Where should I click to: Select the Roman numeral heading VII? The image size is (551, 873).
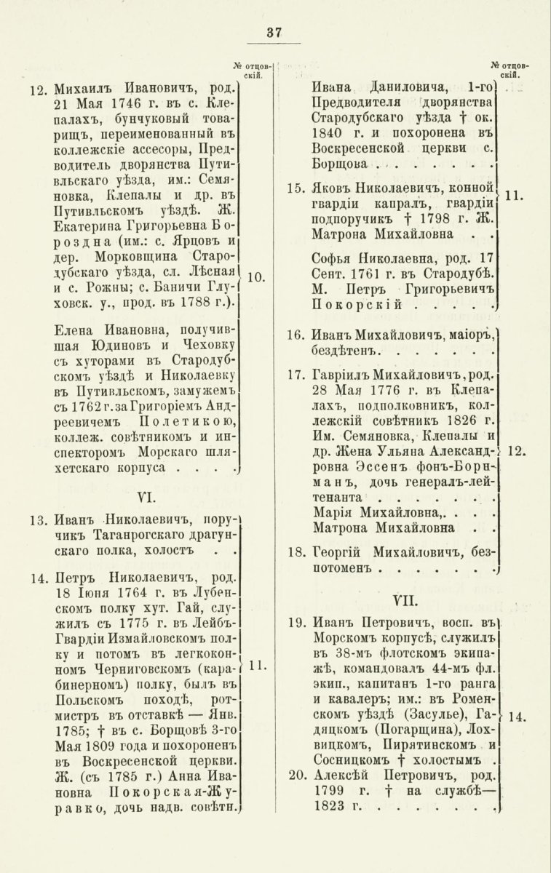(403, 601)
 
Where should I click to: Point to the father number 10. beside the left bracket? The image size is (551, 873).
(255, 277)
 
